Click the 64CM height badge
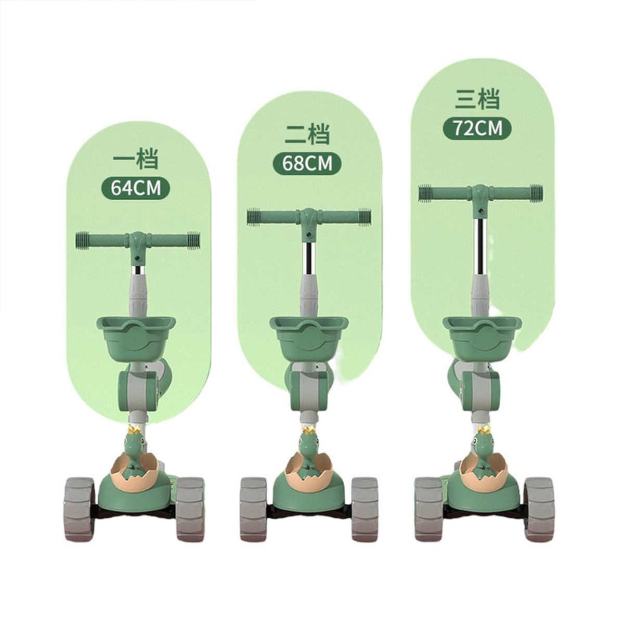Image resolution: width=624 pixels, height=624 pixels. [136, 188]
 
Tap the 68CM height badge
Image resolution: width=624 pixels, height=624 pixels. [307, 163]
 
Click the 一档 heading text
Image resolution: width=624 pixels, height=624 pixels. [135, 159]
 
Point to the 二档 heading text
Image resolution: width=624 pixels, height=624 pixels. [307, 133]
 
